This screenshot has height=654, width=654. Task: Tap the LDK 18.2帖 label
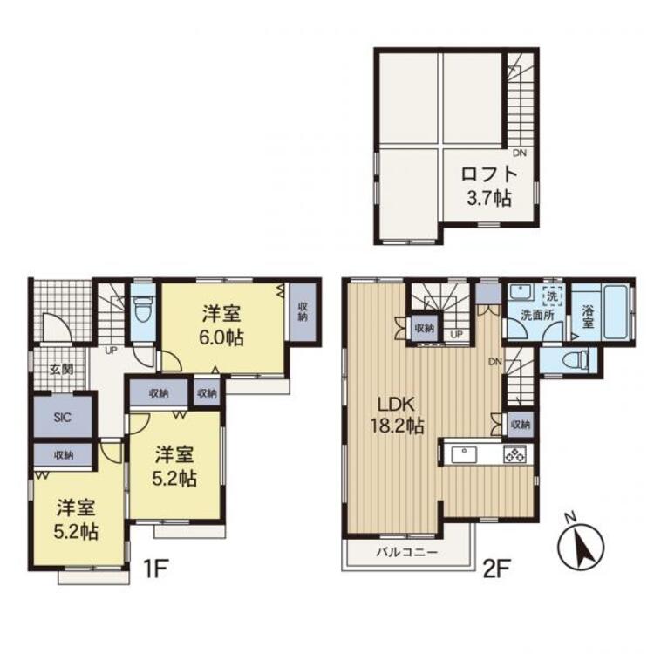click(399, 415)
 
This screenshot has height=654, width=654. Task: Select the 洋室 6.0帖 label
click(225, 325)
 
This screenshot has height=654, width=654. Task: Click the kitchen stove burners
click(513, 454)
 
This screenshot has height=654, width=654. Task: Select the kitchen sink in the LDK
click(462, 454)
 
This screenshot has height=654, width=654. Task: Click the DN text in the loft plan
click(519, 153)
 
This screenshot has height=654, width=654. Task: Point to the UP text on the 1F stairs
click(112, 351)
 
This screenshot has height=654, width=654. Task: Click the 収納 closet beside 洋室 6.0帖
click(303, 311)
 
